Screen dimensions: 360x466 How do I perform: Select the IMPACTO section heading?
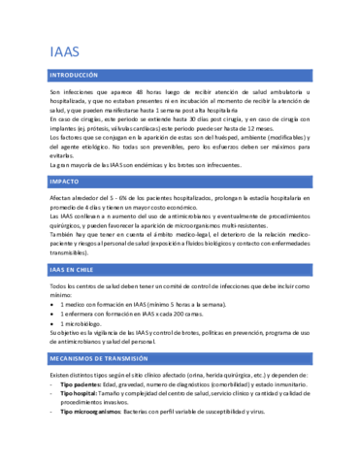coord(65,182)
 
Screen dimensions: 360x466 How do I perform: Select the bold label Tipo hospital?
coord(79,393)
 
